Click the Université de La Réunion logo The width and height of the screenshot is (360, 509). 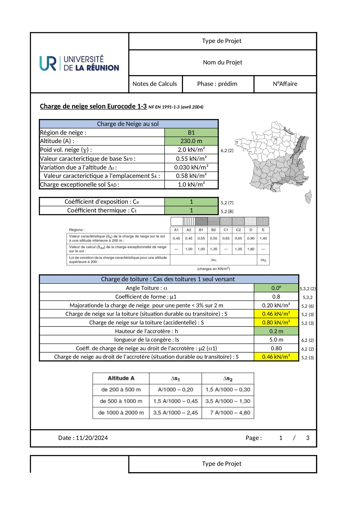pyautogui.click(x=79, y=63)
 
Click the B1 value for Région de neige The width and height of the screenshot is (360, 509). pyautogui.click(x=191, y=133)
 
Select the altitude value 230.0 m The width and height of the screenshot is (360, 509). pyautogui.click(x=191, y=141)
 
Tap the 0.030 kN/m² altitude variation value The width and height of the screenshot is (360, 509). pyautogui.click(x=191, y=167)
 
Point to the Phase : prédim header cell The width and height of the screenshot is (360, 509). pyautogui.click(x=217, y=84)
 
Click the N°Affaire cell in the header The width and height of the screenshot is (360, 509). pyautogui.click(x=285, y=84)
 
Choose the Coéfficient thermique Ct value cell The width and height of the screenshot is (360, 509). pyautogui.click(x=191, y=210)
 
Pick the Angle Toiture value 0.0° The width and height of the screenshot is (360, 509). pyautogui.click(x=276, y=288)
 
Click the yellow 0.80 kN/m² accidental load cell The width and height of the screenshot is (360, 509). pyautogui.click(x=276, y=322)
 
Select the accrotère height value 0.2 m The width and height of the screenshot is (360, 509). pyautogui.click(x=276, y=331)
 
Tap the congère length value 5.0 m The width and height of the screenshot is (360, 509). pyautogui.click(x=276, y=340)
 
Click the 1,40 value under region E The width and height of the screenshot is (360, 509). pyautogui.click(x=263, y=238)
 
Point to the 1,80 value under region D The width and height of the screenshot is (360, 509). pyautogui.click(x=251, y=249)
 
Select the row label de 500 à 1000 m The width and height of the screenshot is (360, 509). pyautogui.click(x=121, y=401)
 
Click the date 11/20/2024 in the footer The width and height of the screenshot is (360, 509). pyautogui.click(x=92, y=438)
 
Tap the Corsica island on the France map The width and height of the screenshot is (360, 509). pyautogui.click(x=308, y=197)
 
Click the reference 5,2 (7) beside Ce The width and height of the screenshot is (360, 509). pyautogui.click(x=227, y=203)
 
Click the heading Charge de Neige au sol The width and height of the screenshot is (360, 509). pyautogui.click(x=128, y=124)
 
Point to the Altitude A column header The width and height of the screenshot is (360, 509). pyautogui.click(x=121, y=378)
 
